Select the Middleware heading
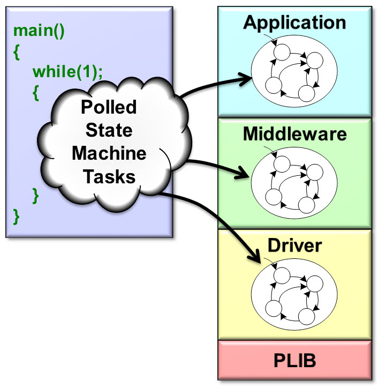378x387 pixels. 294,134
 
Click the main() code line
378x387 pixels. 39,31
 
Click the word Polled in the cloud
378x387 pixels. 109,107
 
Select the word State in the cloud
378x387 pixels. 109,130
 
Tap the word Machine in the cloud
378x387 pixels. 109,153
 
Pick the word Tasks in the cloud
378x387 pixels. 109,176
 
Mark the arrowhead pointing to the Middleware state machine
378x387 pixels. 246,175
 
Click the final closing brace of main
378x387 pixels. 17,217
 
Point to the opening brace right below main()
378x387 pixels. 17,51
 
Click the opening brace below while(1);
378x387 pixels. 36,92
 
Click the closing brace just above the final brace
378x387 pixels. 36,195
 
